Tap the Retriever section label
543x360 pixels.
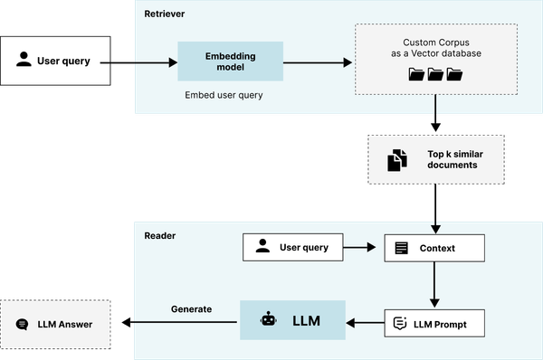coord(164,14)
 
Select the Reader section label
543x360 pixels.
coord(159,235)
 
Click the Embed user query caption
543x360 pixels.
coord(224,95)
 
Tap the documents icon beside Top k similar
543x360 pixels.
coord(396,161)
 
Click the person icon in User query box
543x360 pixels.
coord(262,246)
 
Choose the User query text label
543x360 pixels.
coord(303,247)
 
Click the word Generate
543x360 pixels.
coord(191,309)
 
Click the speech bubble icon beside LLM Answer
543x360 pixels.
coord(23,324)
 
